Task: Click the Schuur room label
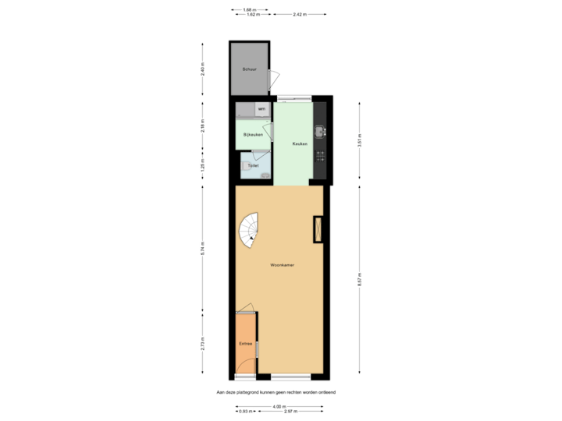click(x=249, y=69)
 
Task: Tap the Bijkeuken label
click(x=253, y=136)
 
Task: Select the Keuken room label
click(x=300, y=144)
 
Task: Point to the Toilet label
click(x=253, y=165)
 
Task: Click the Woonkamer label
click(x=282, y=266)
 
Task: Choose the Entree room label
click(x=245, y=343)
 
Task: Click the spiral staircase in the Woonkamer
click(x=250, y=232)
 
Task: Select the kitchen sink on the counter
click(x=318, y=129)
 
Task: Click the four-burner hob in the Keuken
click(x=318, y=156)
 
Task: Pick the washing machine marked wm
click(x=261, y=109)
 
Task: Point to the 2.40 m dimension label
click(x=203, y=69)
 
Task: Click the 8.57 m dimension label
click(x=359, y=278)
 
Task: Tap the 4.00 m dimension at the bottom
click(x=278, y=405)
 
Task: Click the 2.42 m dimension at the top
click(x=299, y=14)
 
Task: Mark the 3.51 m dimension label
click(x=359, y=140)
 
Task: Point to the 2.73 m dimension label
click(x=203, y=343)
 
